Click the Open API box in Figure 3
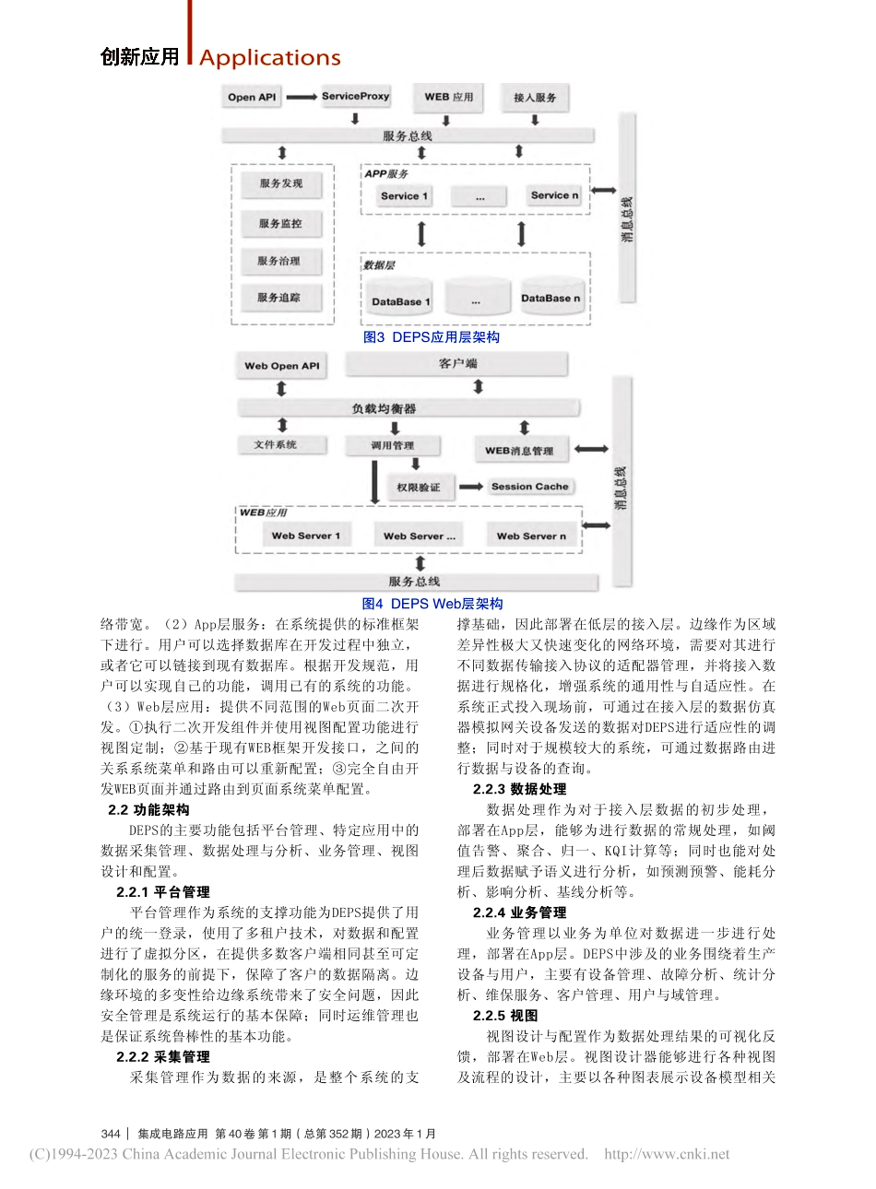(252, 97)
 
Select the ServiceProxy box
(355, 96)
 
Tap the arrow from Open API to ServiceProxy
(302, 97)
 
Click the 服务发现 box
(280, 183)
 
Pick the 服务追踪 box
(278, 298)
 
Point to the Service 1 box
(404, 195)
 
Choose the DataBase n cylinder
(550, 298)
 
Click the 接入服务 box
(535, 97)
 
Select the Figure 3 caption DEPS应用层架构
(432, 337)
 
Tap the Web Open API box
(282, 366)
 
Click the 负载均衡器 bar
(384, 408)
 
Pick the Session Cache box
(529, 487)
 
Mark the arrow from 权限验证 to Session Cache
(471, 487)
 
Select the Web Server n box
(531, 536)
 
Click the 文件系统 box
(276, 445)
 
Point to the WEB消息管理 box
(519, 451)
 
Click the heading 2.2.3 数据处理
(519, 789)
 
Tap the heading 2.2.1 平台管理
(162, 892)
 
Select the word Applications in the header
(269, 58)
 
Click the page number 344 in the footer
(111, 1134)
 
